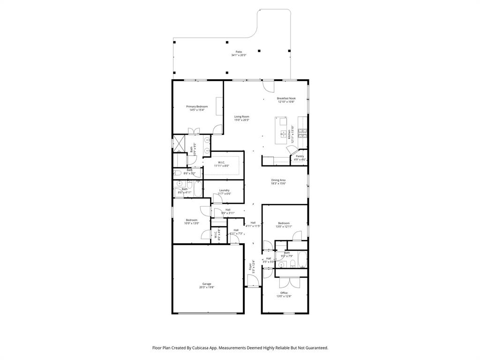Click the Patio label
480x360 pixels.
[239, 52]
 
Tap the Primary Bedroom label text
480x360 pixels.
[197, 106]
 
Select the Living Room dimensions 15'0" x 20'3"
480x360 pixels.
[242, 120]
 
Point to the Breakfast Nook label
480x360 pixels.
[286, 98]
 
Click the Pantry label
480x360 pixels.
[300, 156]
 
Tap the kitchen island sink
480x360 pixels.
[283, 134]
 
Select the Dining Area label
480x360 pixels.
[278, 180]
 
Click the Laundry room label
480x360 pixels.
[224, 190]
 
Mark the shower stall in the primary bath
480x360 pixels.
[179, 142]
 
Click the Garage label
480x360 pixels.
[207, 284]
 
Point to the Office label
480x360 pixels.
[284, 293]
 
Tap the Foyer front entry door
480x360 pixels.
[253, 282]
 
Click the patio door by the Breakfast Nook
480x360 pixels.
[268, 86]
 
